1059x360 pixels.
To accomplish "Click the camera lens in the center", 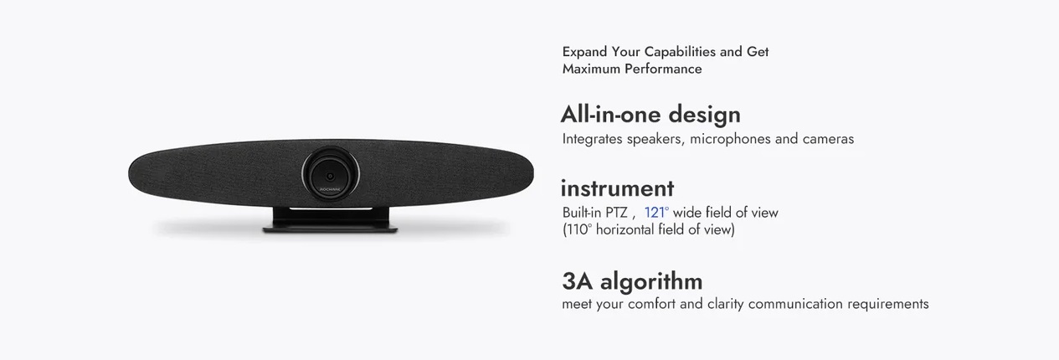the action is pos(331,173).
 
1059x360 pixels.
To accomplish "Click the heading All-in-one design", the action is pos(650,115).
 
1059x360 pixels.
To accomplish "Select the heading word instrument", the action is pos(618,188).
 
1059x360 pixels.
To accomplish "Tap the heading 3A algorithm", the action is pos(632,281).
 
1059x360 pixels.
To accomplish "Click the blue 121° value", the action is pos(656,213).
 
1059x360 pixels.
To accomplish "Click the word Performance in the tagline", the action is pos(663,69).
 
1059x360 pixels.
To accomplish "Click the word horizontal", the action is pos(625,229).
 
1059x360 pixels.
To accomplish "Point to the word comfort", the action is pos(651,304).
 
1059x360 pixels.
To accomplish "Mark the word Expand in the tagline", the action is pos(584,52).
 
